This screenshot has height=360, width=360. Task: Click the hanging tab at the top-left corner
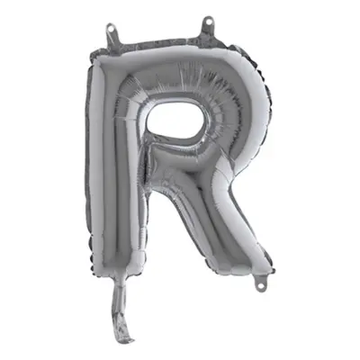(112, 31)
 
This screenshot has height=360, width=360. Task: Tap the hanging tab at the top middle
(207, 24)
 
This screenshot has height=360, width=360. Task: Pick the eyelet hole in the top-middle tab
(208, 22)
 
